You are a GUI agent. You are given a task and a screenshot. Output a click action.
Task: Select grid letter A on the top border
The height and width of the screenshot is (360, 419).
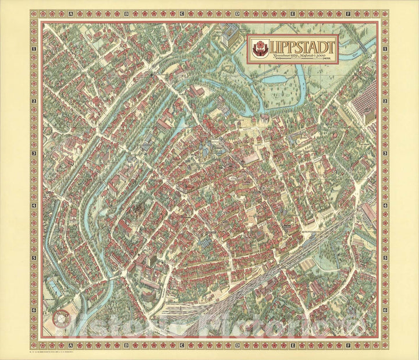click(70, 13)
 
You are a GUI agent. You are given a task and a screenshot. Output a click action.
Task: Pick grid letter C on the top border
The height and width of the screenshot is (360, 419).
click(182, 13)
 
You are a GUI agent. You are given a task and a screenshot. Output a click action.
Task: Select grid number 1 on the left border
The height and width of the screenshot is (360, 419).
click(34, 49)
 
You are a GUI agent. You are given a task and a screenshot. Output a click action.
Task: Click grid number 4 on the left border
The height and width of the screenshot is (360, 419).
click(34, 205)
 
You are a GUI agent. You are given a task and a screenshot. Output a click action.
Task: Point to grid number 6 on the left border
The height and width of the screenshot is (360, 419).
click(34, 310)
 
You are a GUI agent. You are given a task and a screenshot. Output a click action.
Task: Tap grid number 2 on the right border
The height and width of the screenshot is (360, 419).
click(385, 101)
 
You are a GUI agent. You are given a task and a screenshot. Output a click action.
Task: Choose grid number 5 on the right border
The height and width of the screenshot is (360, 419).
click(385, 257)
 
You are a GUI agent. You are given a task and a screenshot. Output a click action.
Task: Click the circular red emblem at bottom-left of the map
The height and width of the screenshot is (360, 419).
click(59, 318)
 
